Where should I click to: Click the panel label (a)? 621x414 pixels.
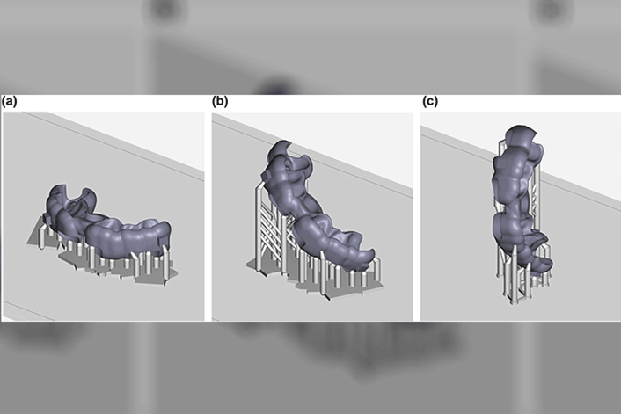(x=9, y=102)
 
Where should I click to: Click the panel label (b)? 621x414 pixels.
(x=220, y=102)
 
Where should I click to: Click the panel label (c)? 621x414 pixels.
(x=430, y=102)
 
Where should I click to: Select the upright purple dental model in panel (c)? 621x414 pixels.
(x=519, y=198)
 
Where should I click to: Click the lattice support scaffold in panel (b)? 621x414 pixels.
(x=274, y=229)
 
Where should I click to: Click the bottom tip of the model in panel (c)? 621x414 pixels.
(x=541, y=270)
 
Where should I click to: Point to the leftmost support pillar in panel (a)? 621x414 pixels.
(x=42, y=236)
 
